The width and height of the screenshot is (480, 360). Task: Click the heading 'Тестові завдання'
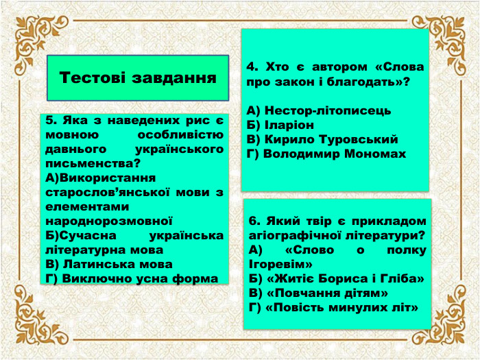coord(137,77)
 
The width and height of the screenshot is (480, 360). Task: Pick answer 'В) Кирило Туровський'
coord(322,139)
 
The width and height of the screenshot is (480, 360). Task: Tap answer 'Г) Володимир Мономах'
coord(326,154)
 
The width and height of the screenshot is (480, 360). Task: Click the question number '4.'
coord(252,67)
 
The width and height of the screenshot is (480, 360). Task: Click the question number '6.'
coord(255,221)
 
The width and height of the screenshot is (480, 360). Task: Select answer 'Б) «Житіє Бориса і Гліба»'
coord(336,278)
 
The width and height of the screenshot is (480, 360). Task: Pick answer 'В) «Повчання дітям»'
coord(319,293)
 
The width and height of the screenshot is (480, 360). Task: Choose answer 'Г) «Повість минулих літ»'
coord(334,307)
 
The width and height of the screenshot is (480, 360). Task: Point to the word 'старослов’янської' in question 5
coord(98,192)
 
